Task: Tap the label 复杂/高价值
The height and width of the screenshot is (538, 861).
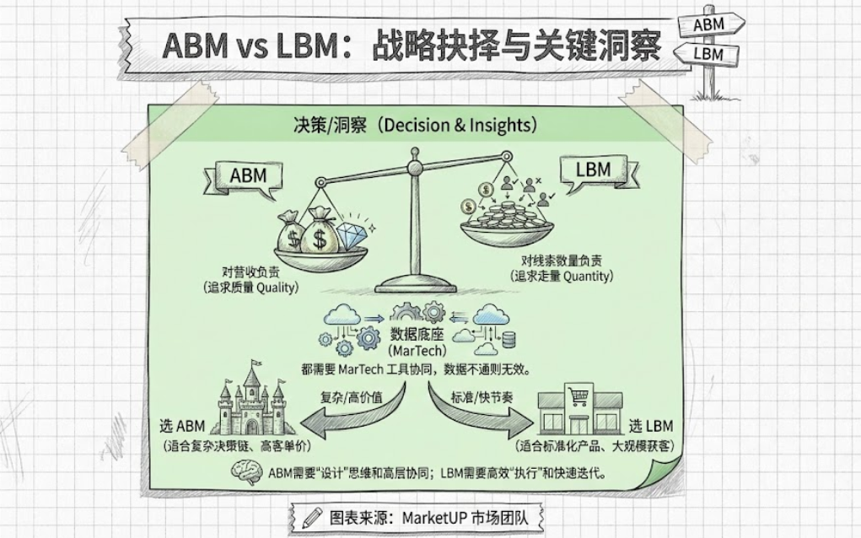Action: (x=346, y=395)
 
